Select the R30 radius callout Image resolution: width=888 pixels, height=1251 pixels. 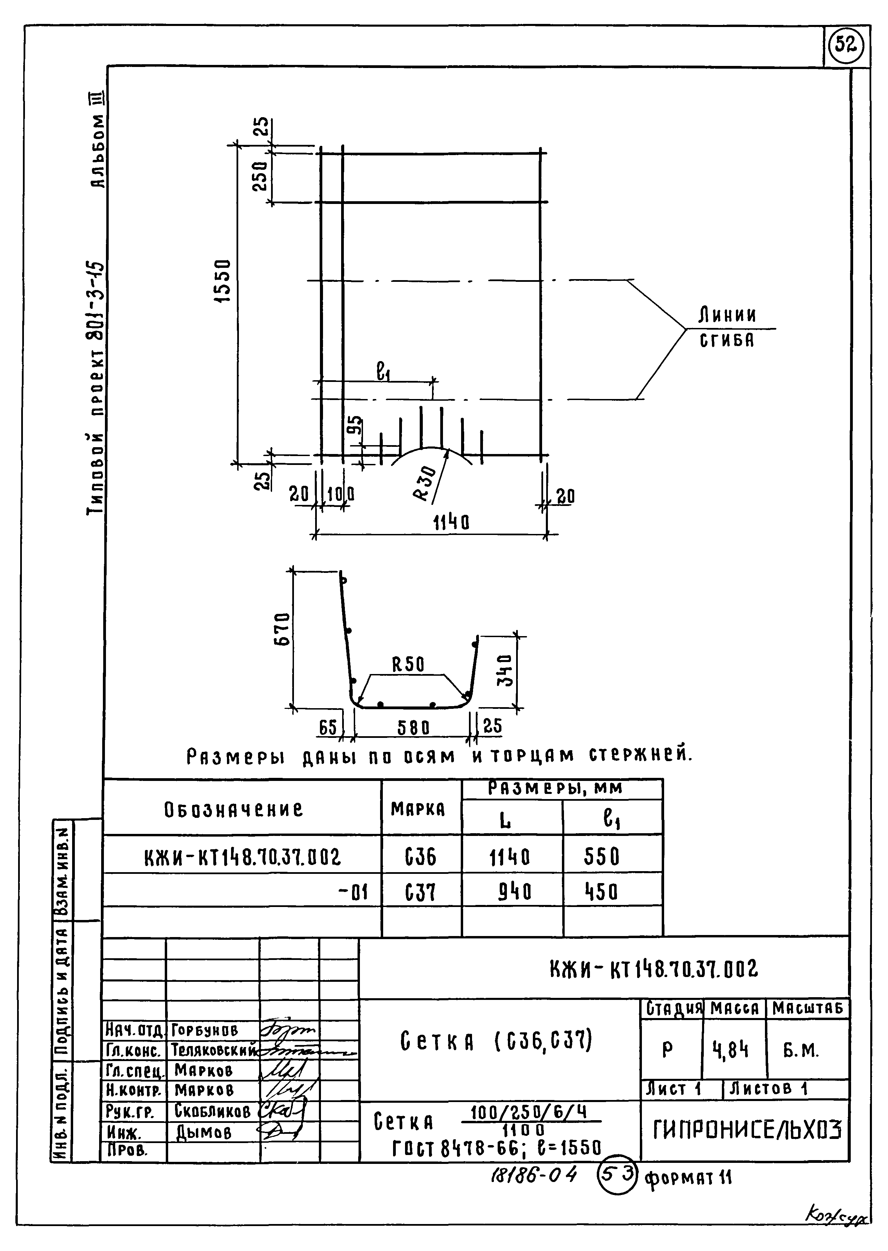pyautogui.click(x=426, y=481)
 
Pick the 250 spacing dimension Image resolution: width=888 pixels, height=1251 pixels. pyautogui.click(x=261, y=176)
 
